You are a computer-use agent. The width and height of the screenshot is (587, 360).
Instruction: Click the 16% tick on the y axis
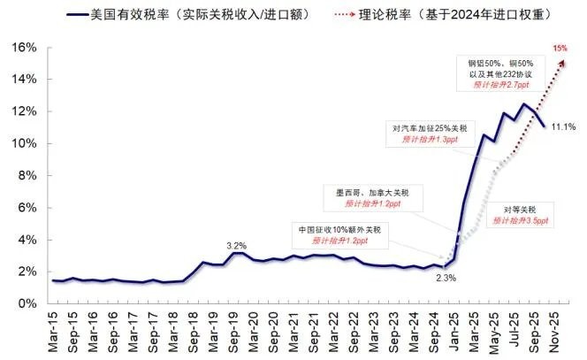(24, 46)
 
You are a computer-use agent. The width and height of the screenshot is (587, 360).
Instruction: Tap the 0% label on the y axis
(27, 304)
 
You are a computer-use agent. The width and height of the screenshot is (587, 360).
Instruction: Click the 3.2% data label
(236, 245)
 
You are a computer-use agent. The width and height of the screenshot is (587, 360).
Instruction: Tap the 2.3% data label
(446, 279)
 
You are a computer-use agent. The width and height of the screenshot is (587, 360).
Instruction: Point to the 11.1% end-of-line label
(563, 127)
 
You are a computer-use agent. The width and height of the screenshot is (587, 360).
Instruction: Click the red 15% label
(560, 48)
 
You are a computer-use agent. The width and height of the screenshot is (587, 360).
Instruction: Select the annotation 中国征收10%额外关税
(340, 230)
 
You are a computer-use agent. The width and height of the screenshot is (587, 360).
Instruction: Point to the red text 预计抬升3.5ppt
(521, 220)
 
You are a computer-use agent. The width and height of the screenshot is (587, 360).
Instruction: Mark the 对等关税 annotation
(521, 209)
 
